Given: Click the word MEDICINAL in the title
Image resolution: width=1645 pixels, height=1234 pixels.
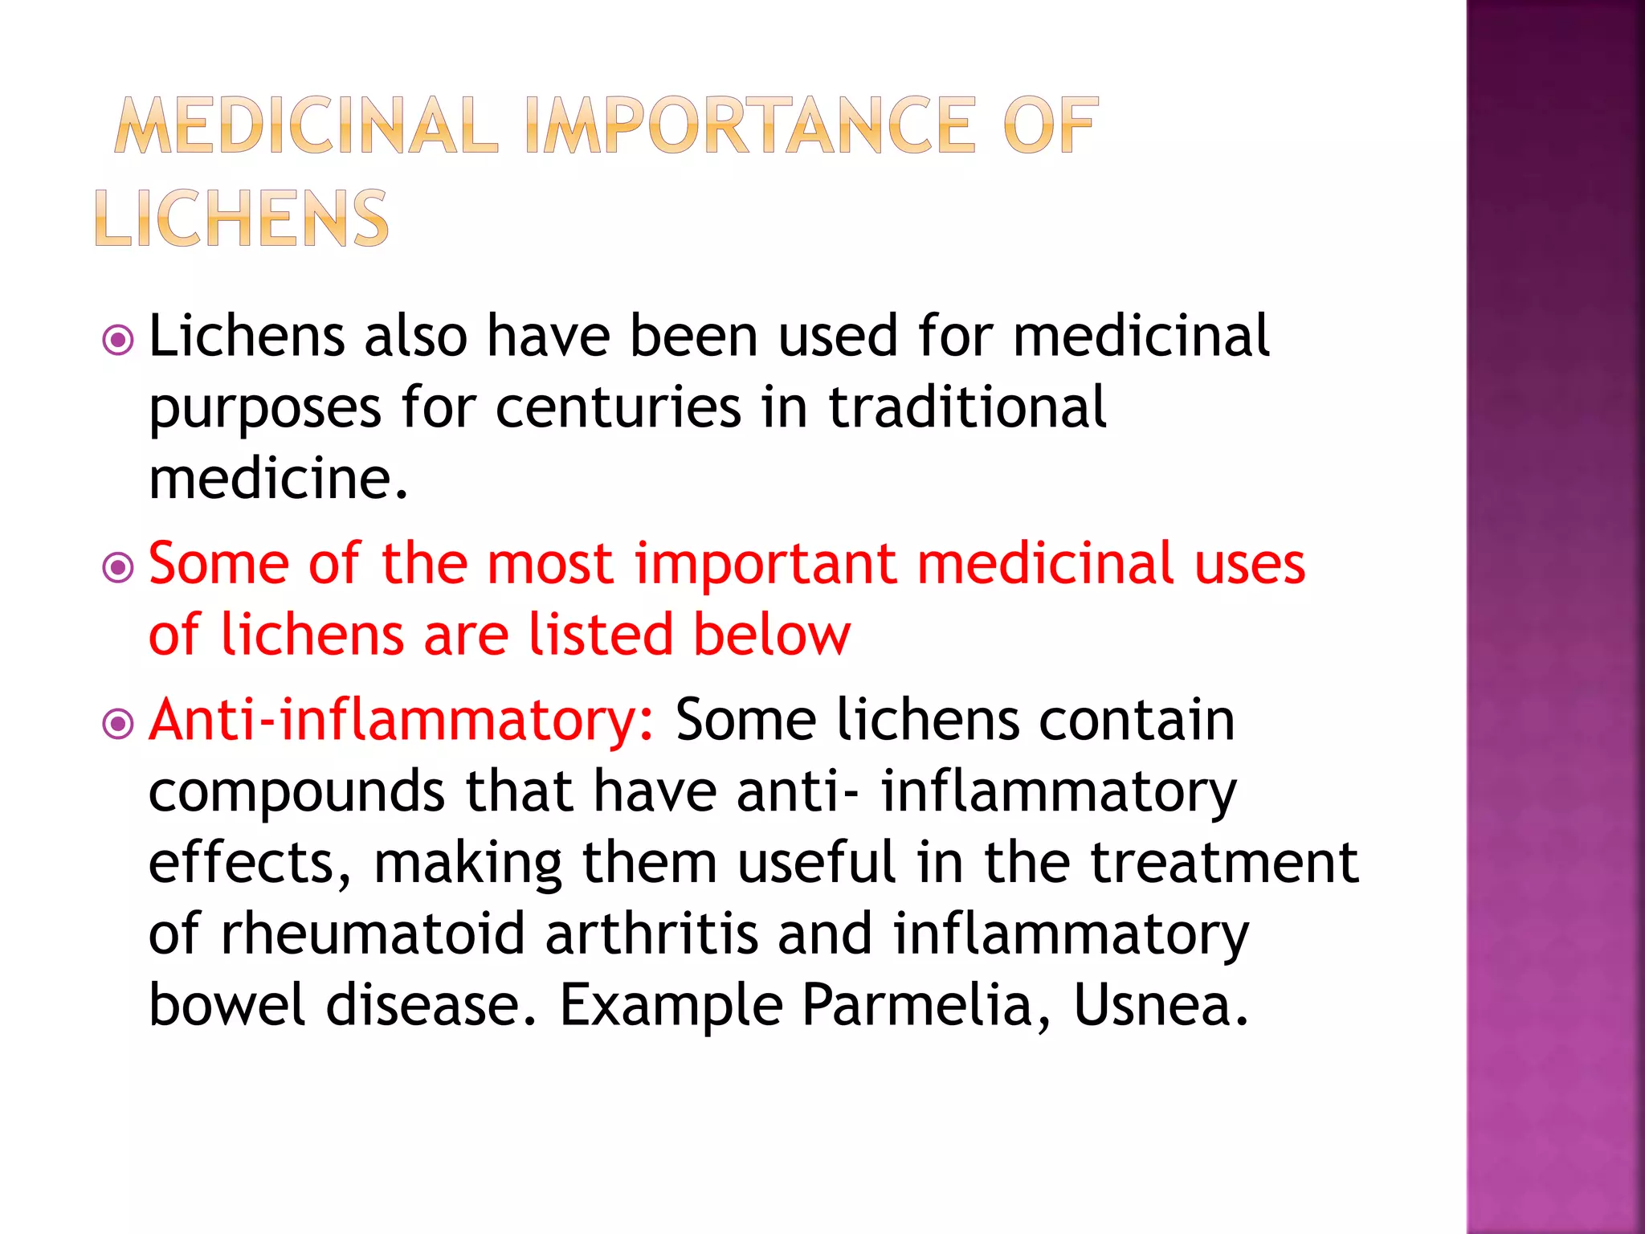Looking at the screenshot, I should [x=306, y=125].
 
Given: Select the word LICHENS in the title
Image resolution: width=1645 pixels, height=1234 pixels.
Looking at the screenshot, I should [x=242, y=219].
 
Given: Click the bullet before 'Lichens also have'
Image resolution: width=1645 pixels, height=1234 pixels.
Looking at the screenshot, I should [x=118, y=341].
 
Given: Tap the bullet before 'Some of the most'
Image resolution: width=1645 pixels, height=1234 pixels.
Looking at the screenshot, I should [x=118, y=569].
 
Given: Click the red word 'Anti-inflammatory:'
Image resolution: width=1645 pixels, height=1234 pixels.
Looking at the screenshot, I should [x=402, y=719].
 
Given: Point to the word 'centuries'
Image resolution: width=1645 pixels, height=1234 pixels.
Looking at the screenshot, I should [x=618, y=407].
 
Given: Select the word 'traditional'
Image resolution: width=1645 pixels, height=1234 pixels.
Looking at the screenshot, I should [x=967, y=407].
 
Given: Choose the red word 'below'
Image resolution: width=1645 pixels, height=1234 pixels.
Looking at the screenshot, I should [x=771, y=635].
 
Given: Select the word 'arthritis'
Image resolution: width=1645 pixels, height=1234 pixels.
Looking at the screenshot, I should [x=651, y=934].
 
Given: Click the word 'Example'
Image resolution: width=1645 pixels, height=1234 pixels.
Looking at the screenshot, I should [x=671, y=1007].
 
